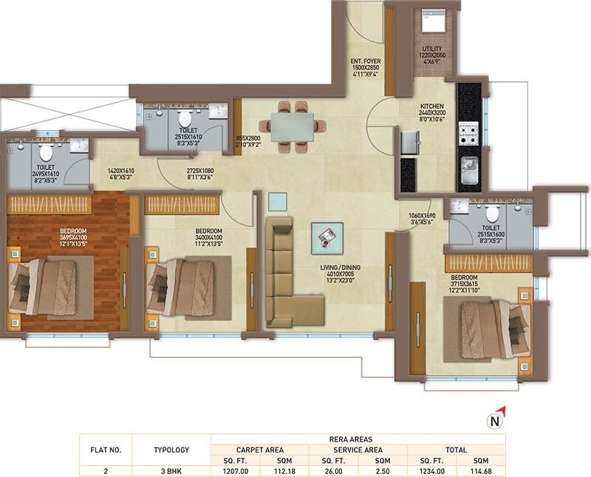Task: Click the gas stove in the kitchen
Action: click(468, 135)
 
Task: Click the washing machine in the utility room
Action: click(430, 24)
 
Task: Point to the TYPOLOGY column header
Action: click(171, 449)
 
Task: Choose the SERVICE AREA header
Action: click(358, 449)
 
